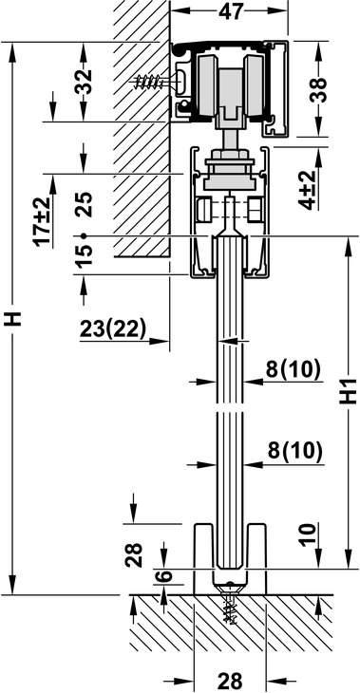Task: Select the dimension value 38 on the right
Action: point(319,90)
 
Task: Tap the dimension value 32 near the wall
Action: point(84,82)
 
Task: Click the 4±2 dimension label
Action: point(309,190)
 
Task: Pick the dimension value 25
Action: point(84,204)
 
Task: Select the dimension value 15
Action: point(84,255)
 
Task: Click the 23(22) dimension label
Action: point(113,328)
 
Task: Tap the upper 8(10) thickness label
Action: point(293,369)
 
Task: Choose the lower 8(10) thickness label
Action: point(295,452)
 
